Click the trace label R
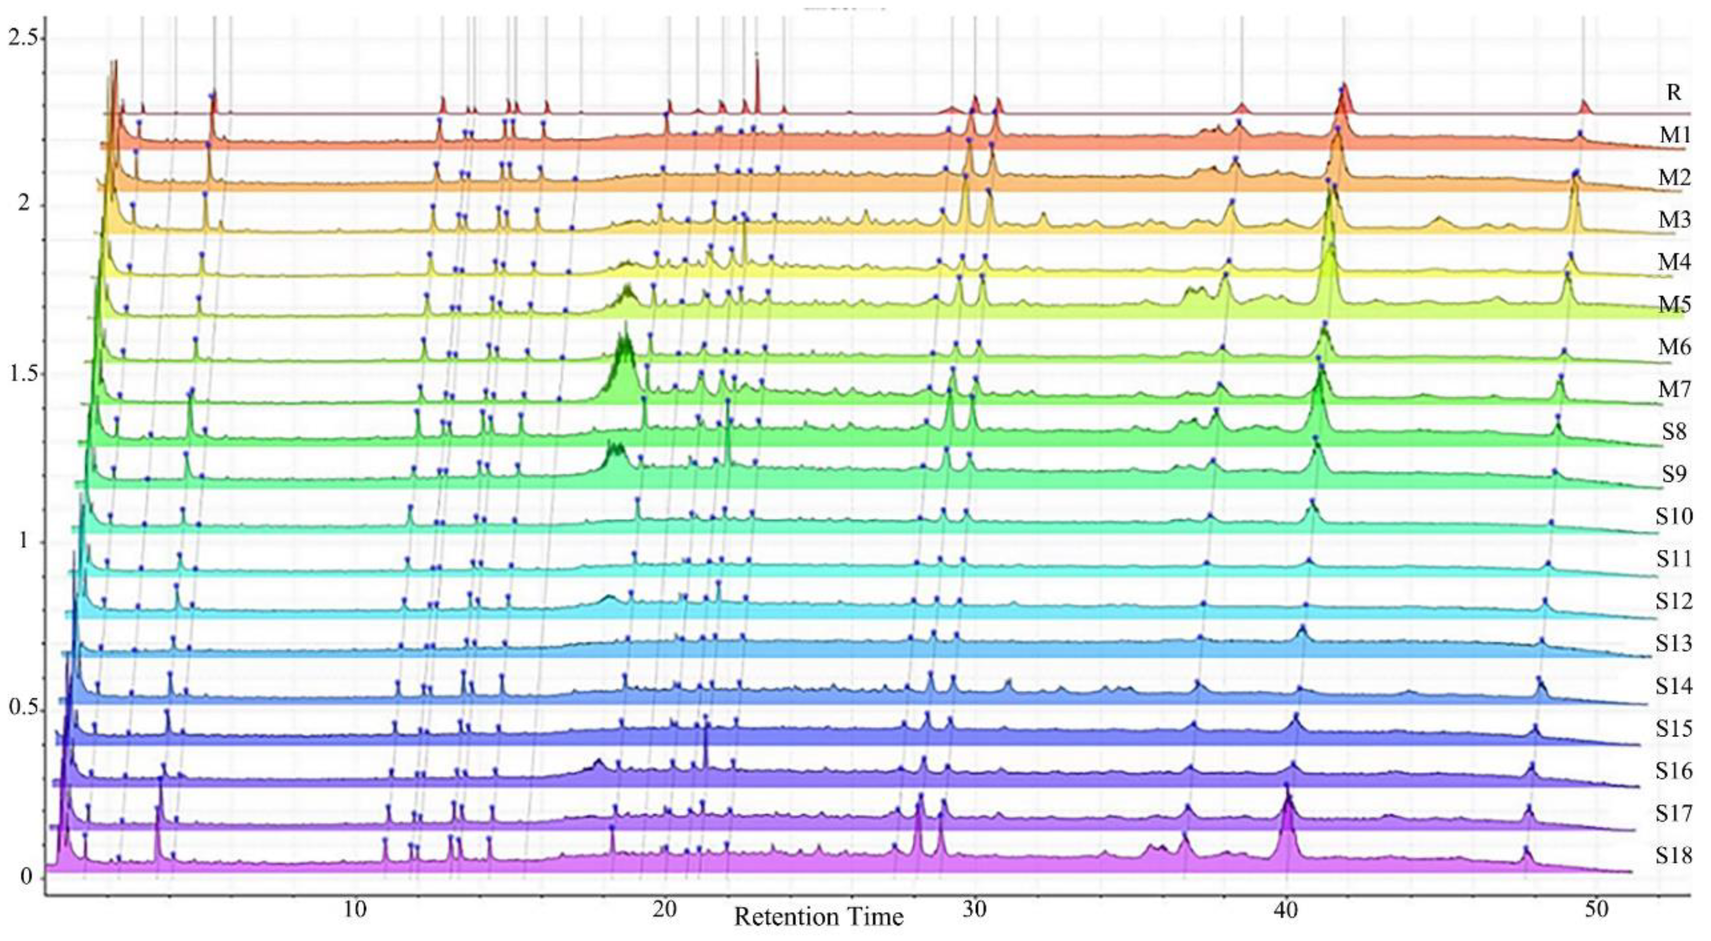[x=1673, y=92]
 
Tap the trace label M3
[x=1674, y=219]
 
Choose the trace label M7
[x=1674, y=389]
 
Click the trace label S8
[x=1674, y=432]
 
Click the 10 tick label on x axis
[x=355, y=909]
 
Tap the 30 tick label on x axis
[x=974, y=909]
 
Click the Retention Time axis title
[x=819, y=917]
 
